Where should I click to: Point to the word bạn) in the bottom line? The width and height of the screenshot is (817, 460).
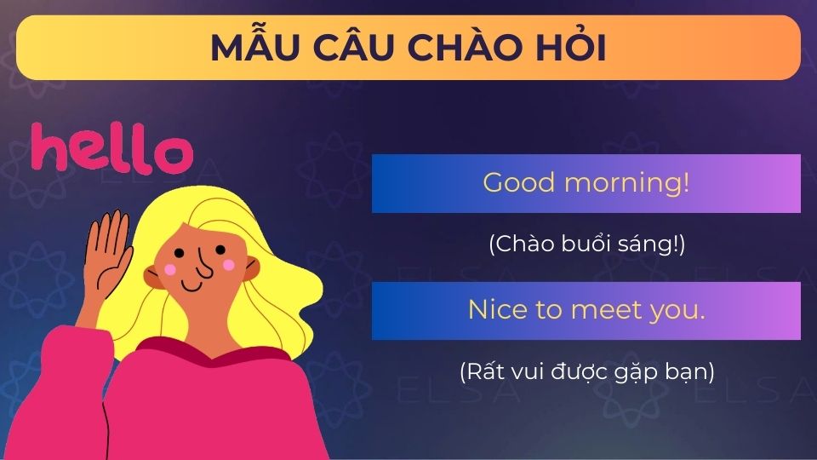[690, 372]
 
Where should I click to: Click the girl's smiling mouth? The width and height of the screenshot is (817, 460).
[192, 285]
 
